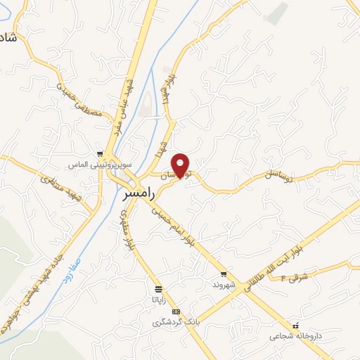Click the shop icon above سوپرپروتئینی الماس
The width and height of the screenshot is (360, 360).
coord(101,154)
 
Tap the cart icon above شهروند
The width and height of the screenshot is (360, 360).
coord(224,274)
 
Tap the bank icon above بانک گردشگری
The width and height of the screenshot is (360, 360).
coord(176,311)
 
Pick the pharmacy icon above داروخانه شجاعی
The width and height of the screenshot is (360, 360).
coord(296,326)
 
